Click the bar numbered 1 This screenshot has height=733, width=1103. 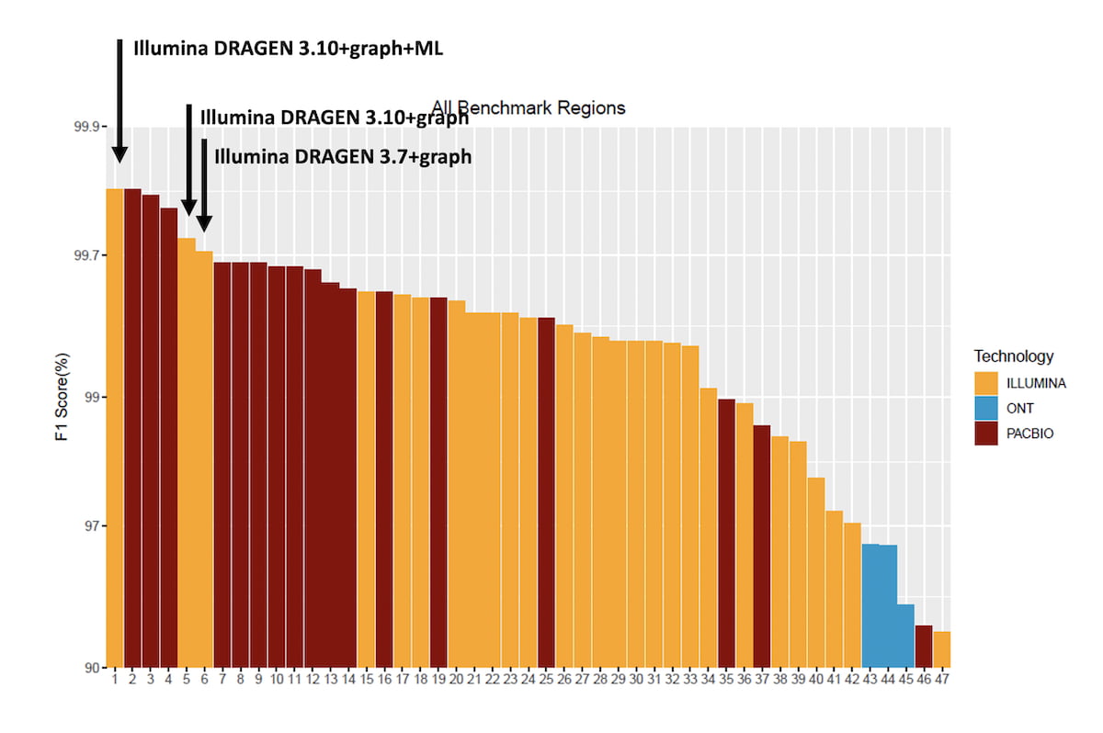click(x=115, y=427)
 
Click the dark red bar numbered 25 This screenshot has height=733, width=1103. click(x=546, y=491)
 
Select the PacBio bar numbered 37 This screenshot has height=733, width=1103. click(x=762, y=546)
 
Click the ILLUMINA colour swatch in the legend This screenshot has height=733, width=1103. click(x=987, y=384)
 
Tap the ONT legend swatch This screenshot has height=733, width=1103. click(x=987, y=410)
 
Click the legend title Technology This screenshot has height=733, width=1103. click(x=1014, y=356)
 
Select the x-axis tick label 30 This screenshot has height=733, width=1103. click(x=636, y=680)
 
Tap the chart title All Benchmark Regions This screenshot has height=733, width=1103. click(x=529, y=108)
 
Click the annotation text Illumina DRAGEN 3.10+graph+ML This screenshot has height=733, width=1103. click(x=289, y=49)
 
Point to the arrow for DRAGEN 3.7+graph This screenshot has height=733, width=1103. click(x=204, y=184)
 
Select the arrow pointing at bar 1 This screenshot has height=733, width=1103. click(x=119, y=101)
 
